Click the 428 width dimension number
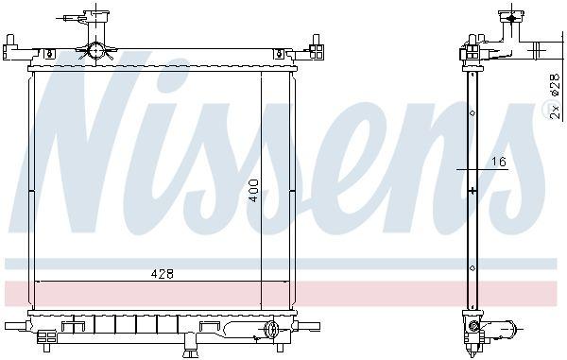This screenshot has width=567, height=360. tap(162, 274)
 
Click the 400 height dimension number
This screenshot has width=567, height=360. tap(254, 191)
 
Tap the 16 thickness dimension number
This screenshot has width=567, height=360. tap(499, 162)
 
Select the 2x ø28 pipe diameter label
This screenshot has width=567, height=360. tap(555, 97)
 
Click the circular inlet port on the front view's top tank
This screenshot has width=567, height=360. tap(95, 51)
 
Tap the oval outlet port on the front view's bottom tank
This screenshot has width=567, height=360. tap(270, 329)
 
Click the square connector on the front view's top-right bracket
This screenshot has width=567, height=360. tap(317, 52)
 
